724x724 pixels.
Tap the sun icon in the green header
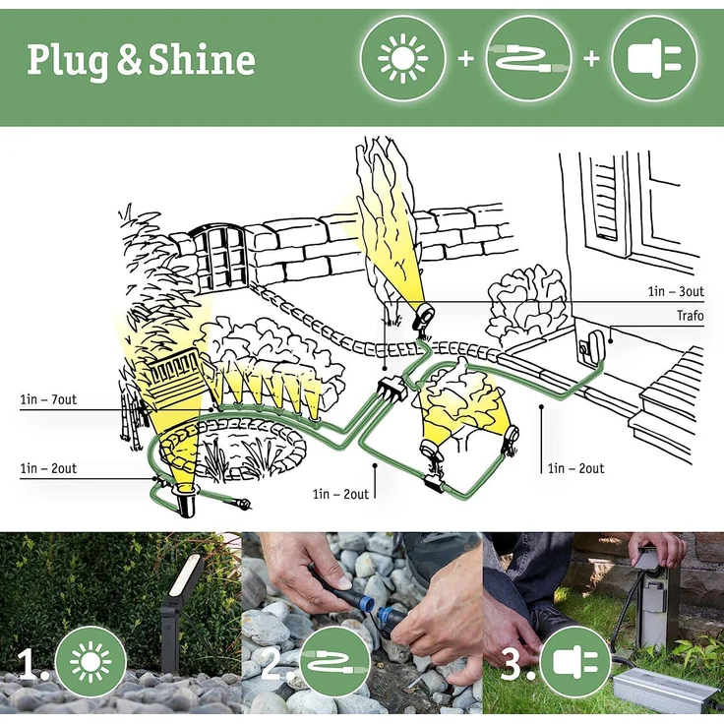point(403,58)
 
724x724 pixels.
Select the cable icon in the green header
point(528,59)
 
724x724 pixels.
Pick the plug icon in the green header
point(654,58)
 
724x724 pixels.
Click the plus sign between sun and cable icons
point(465,59)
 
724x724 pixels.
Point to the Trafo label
point(690,316)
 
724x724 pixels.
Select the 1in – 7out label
point(47,399)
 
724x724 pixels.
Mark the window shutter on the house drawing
point(606,202)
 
